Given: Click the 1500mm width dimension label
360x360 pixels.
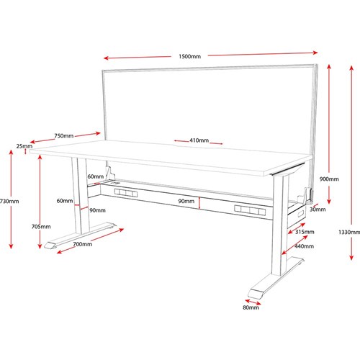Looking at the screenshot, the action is point(189,56).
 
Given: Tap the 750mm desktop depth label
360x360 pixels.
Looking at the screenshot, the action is point(64,136).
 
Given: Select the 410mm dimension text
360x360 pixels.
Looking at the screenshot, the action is point(199,140).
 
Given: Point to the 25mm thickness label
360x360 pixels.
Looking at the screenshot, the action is point(24,146).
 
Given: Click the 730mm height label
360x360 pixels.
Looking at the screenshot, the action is point(9,201).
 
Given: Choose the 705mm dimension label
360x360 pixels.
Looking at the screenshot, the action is point(41,226).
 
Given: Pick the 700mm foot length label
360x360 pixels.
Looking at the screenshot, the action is point(83,244).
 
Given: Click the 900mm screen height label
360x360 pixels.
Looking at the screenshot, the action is point(329,179).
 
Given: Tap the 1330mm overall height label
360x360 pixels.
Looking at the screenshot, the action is point(349,232).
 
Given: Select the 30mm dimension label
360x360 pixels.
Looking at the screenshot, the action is point(318,210).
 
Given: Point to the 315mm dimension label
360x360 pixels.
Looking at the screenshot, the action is point(305,232).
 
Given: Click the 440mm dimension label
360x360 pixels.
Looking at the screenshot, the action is point(304,246).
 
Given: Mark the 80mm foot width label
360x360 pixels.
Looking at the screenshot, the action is point(251,307).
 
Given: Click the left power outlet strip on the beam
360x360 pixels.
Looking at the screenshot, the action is point(126,193).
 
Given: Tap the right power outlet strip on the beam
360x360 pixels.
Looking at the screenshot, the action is point(250,210).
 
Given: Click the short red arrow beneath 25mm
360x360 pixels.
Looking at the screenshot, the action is point(25,152).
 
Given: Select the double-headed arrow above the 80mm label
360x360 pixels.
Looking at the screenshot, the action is point(253,302).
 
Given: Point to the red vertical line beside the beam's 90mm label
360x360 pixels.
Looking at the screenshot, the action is point(199,203).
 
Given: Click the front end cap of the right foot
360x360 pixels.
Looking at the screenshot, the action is point(256,294).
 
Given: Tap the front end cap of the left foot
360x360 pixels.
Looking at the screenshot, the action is point(50,246).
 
